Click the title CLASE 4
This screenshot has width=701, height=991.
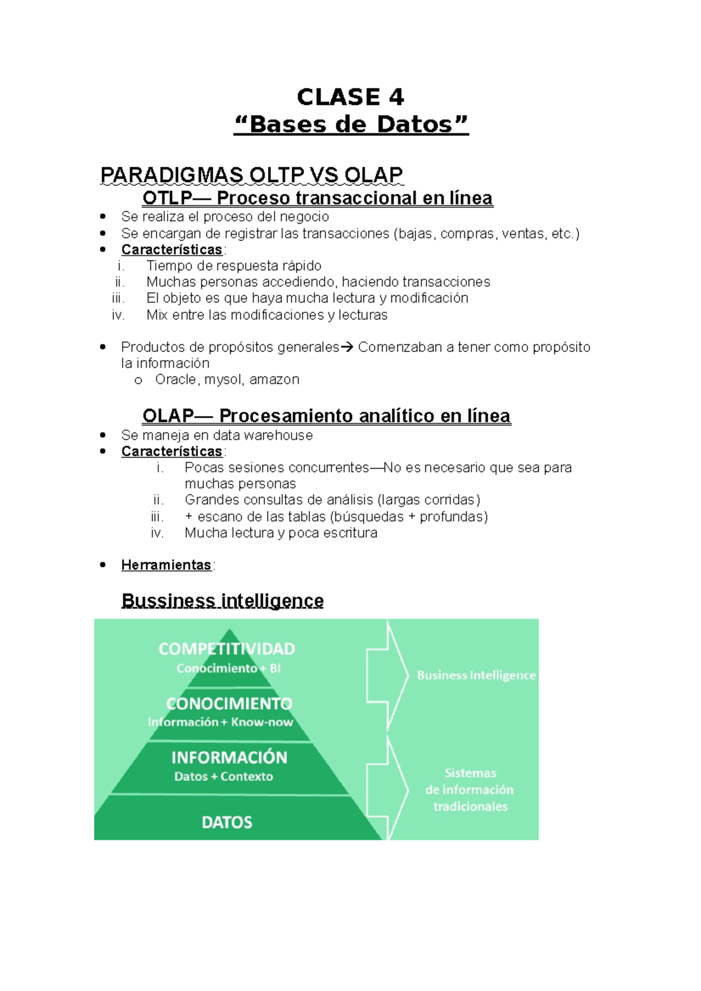(x=350, y=97)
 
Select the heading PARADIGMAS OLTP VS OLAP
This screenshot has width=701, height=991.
(x=252, y=175)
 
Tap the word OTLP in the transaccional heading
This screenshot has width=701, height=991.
(x=167, y=198)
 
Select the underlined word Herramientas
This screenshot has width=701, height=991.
(x=166, y=565)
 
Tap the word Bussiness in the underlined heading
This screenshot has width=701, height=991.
(x=168, y=601)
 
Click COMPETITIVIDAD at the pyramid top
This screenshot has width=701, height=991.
(x=227, y=649)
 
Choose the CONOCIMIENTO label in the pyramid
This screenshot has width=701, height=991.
(x=229, y=703)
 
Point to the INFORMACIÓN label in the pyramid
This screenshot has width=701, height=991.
(x=229, y=758)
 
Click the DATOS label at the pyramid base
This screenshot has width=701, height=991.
(x=227, y=822)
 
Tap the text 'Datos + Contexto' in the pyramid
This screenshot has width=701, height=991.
(x=223, y=777)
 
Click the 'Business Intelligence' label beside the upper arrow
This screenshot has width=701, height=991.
(x=476, y=675)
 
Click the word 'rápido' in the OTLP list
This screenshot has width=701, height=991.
(x=302, y=266)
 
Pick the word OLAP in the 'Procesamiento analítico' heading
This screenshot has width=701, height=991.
(x=168, y=416)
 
